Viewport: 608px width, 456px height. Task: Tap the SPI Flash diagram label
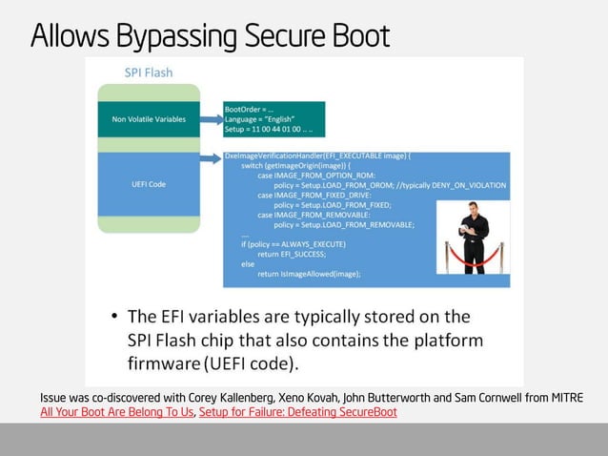coord(149,73)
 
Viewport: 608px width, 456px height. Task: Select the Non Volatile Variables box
coord(149,119)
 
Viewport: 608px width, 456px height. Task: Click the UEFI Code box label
coord(149,184)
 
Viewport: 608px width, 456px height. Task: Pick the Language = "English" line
coord(260,119)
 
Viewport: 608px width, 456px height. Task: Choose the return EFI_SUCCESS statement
coord(292,254)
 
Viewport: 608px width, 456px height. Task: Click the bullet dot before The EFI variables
coord(113,317)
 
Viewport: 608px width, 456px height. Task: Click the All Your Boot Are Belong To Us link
coord(116,412)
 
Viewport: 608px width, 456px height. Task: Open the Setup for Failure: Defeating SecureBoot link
coord(297,412)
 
